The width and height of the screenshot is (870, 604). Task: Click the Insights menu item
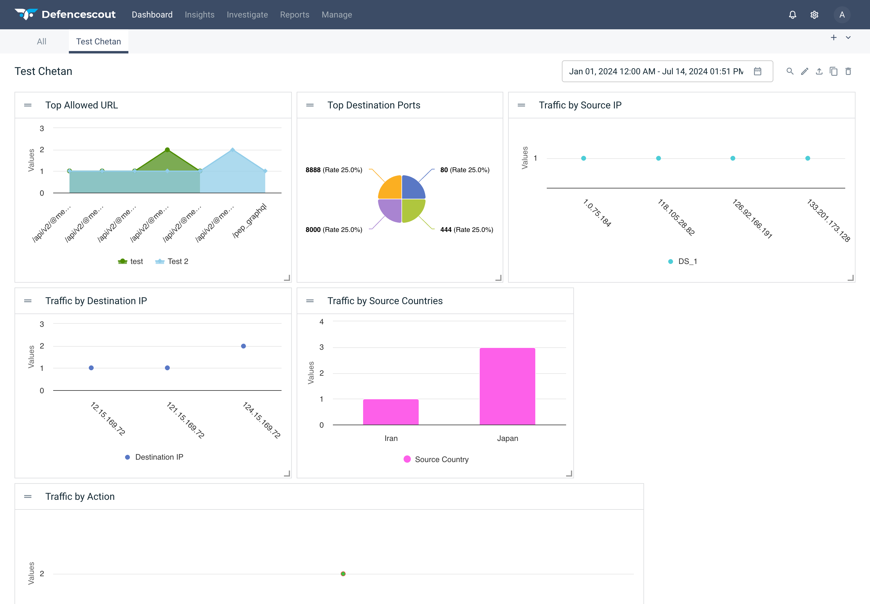(x=199, y=15)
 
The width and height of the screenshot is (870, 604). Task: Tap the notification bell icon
(x=792, y=15)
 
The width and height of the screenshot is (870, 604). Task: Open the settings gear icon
(x=814, y=15)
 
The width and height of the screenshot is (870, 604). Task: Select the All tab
(x=42, y=42)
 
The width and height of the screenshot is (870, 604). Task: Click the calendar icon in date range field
(x=757, y=71)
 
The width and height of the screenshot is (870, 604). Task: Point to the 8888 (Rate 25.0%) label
(x=334, y=170)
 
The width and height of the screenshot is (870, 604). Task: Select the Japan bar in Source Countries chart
(x=507, y=386)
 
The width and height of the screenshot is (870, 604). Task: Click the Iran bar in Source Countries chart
(x=391, y=412)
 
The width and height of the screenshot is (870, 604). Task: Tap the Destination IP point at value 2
(x=243, y=346)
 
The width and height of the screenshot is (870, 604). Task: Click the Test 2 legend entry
(x=172, y=262)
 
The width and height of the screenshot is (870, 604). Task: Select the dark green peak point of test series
(x=167, y=150)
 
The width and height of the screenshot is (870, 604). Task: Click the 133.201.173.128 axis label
(x=828, y=220)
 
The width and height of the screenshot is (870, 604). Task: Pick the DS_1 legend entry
(x=683, y=262)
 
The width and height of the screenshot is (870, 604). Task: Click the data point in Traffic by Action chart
(x=343, y=574)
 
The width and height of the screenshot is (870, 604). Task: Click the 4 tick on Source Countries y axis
(x=321, y=322)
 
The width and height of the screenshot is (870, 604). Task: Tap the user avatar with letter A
(x=842, y=15)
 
